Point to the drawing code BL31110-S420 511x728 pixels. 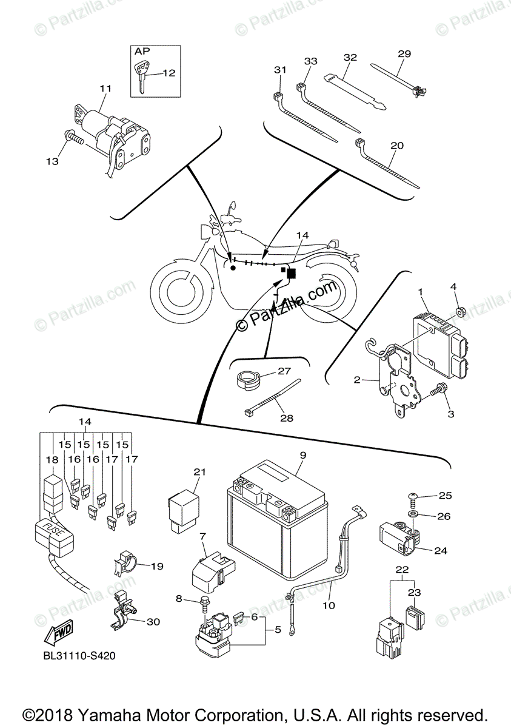tap(79, 656)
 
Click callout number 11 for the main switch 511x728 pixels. tap(105, 89)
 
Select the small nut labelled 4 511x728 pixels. tap(459, 312)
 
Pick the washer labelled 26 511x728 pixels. tap(413, 515)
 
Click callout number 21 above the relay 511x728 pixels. tap(200, 472)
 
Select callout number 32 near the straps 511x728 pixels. tap(350, 58)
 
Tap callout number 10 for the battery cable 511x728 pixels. tap(328, 604)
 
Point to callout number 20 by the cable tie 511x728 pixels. tap(397, 146)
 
